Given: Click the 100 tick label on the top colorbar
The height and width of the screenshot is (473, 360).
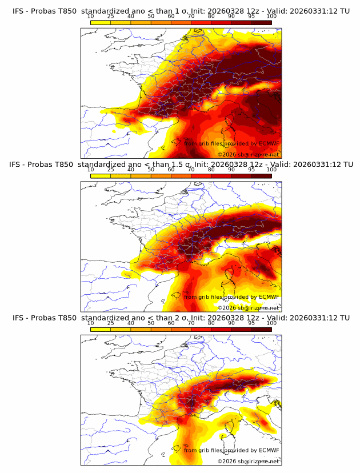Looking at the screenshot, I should pos(271,17).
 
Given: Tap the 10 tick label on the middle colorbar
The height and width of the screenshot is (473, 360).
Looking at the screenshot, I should pos(90,170).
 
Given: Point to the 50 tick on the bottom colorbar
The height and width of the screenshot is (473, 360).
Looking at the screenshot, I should pos(151,323).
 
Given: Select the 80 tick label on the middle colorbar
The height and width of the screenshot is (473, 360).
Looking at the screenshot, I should pos(211,170).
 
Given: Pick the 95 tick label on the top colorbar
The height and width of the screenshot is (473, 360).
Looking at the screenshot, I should pos(251,17).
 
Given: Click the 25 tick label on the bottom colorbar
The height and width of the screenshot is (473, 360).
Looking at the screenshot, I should pos(110,323).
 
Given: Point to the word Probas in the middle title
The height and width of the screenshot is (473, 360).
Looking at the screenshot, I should pos(47,165).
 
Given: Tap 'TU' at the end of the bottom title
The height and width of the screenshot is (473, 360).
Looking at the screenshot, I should pos(345,318).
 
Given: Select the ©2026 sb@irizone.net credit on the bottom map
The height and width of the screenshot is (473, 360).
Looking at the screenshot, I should pos(249,461).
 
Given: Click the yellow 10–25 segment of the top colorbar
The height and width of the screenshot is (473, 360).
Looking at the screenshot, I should pos(101,22).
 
